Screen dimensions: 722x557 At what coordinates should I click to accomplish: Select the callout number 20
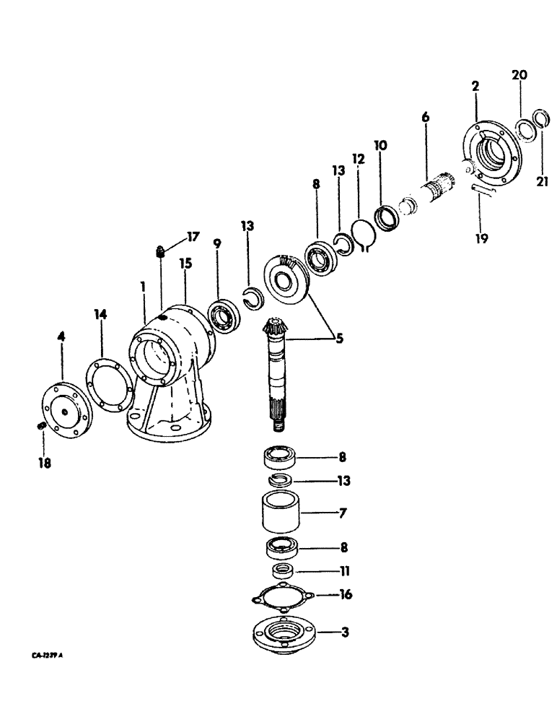point(520,74)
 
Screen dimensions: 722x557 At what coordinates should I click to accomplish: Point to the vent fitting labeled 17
point(160,253)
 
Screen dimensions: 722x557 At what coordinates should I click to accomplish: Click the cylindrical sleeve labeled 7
point(282,513)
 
